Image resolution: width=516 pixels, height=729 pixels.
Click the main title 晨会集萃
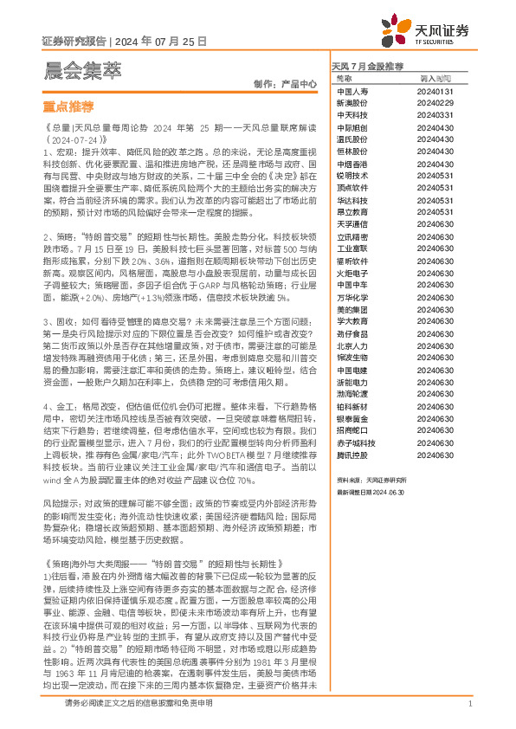(x=82, y=68)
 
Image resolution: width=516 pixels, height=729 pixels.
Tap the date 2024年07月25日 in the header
(x=159, y=41)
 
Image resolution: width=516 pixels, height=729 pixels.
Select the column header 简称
(x=344, y=78)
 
